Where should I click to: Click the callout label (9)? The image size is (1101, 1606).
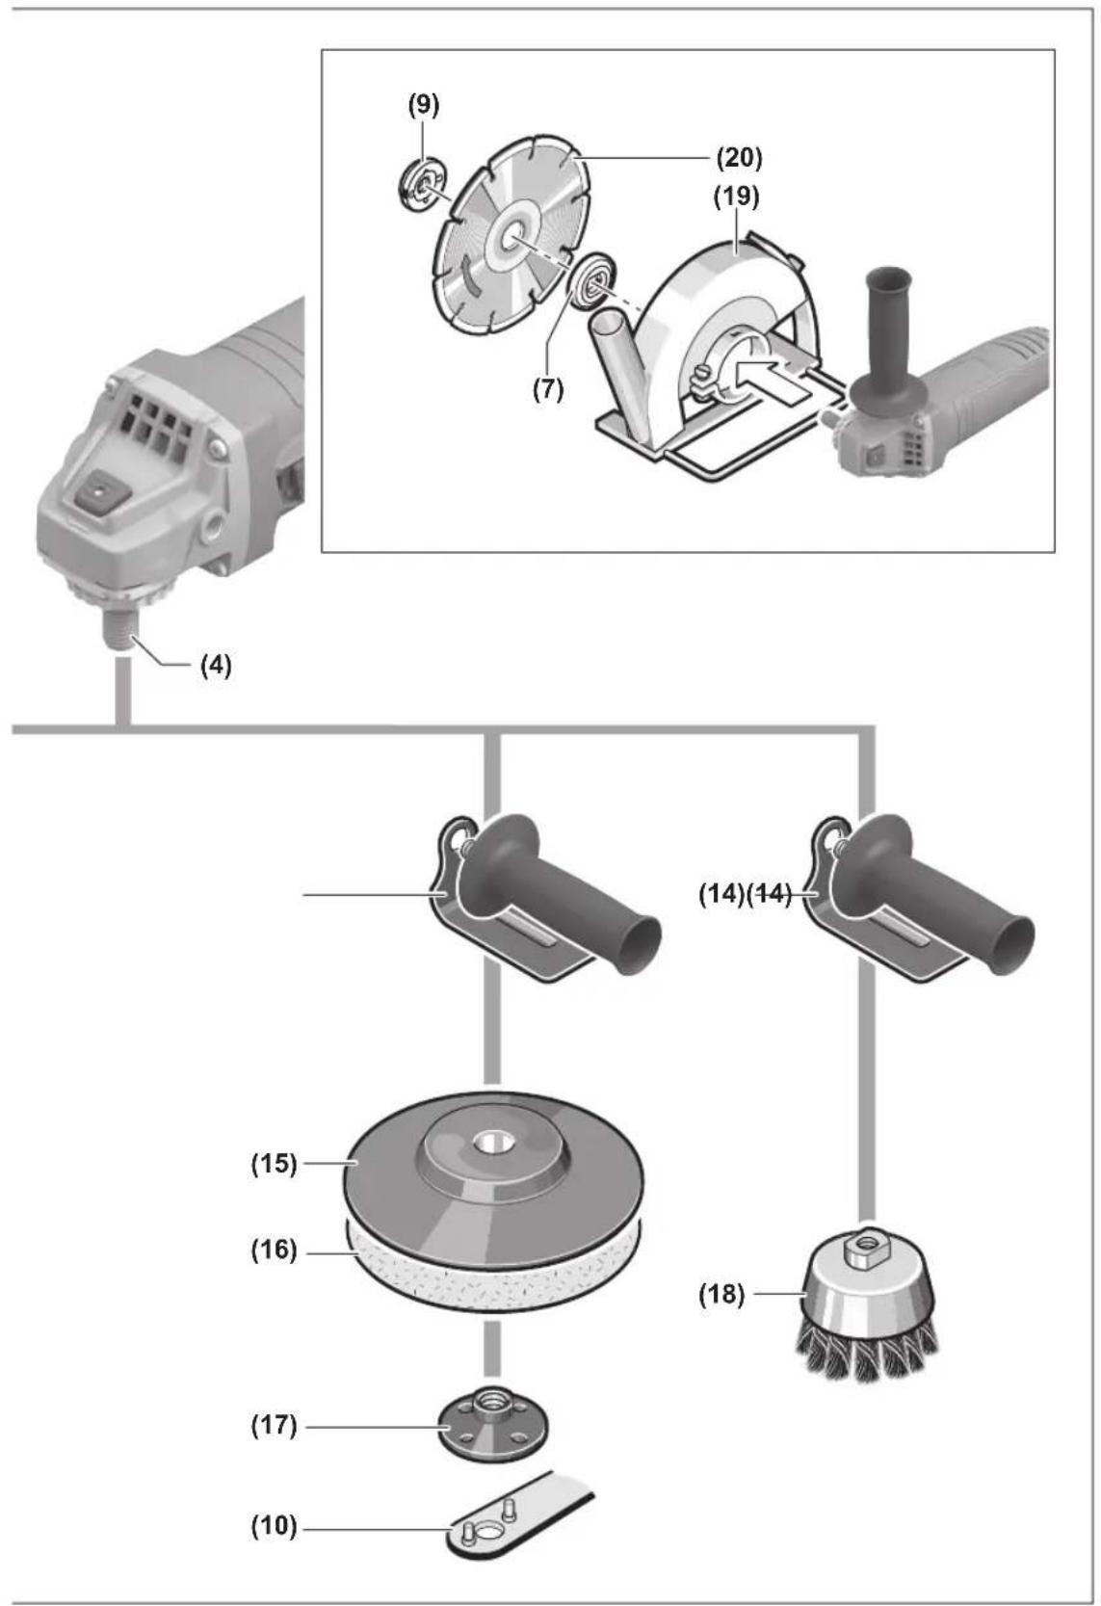(x=424, y=105)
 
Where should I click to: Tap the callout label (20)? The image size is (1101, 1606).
(x=740, y=157)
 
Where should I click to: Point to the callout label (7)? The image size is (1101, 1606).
(x=548, y=389)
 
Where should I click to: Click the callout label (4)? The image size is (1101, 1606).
(x=216, y=666)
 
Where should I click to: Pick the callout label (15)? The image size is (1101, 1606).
(x=274, y=1163)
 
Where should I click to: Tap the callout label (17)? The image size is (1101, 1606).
(x=274, y=1425)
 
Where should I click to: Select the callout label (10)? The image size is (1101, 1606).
(x=274, y=1526)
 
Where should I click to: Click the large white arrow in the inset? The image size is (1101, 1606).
(x=758, y=374)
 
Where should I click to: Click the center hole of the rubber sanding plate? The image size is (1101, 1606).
(x=493, y=1140)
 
